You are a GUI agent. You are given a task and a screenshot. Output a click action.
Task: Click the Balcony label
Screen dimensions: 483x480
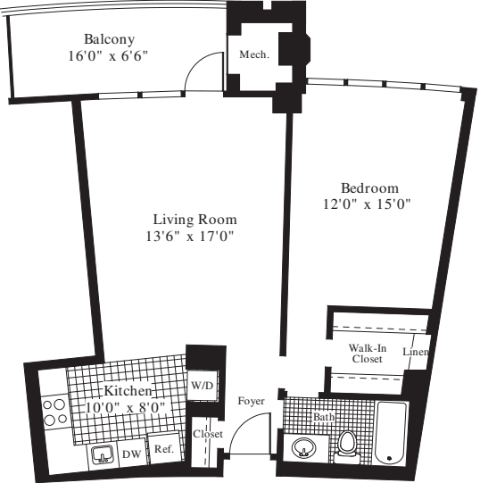pos(109,39)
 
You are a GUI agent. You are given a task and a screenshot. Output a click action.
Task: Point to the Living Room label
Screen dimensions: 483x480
pos(194,220)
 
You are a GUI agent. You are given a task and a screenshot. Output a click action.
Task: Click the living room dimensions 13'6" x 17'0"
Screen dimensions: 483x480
pos(194,237)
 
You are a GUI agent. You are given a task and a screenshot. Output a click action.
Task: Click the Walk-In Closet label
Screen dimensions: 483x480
pos(366,353)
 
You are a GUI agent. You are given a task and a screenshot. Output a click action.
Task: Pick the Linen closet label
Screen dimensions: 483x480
pos(416,353)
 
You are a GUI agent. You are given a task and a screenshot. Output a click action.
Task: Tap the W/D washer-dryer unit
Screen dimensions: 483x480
pos(202,386)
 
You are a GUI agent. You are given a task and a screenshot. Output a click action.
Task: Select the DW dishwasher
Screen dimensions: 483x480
pos(130,454)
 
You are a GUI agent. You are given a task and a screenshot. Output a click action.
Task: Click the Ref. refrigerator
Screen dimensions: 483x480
pos(162,451)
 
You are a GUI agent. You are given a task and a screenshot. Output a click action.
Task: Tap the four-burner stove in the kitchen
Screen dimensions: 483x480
pos(53,411)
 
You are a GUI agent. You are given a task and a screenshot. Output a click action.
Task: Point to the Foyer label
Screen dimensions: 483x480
pos(251,401)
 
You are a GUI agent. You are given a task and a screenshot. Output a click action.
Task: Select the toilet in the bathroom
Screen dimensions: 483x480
pos(347,443)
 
